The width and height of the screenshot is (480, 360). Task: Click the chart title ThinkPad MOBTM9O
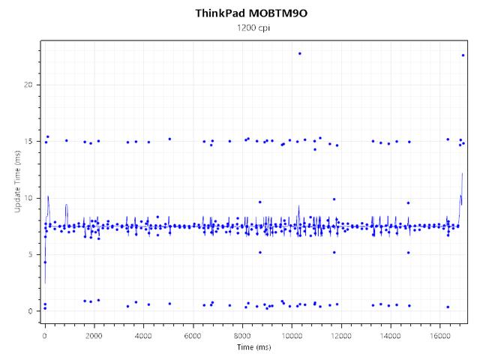[x=251, y=13]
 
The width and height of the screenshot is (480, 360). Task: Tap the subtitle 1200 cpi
[x=253, y=28]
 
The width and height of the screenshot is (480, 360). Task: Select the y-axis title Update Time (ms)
[x=17, y=181]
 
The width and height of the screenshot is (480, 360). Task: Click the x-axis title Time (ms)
[x=253, y=347]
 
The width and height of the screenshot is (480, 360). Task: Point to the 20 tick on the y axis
[x=28, y=85]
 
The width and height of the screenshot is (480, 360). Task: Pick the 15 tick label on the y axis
[x=28, y=142]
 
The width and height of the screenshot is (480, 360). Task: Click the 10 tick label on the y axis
[x=28, y=198]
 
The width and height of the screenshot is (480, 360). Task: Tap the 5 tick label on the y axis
[x=30, y=255]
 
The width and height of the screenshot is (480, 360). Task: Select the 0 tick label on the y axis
[x=30, y=311]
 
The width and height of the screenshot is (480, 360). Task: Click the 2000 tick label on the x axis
[x=94, y=336]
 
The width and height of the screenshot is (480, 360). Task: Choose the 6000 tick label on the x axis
[x=193, y=336]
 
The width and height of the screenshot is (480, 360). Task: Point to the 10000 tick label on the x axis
[x=292, y=336]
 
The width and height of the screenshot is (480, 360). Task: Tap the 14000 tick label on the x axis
[x=390, y=336]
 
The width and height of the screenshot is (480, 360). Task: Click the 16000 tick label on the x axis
[x=439, y=336]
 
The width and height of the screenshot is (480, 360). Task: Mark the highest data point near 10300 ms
[x=300, y=53]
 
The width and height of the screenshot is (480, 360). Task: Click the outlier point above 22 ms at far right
[x=463, y=55]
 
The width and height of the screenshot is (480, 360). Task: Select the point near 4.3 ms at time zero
[x=45, y=262]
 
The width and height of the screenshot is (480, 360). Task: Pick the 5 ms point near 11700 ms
[x=334, y=253]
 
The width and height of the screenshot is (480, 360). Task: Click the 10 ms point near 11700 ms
[x=334, y=199]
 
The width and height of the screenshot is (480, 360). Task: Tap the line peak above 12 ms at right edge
[x=462, y=173]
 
